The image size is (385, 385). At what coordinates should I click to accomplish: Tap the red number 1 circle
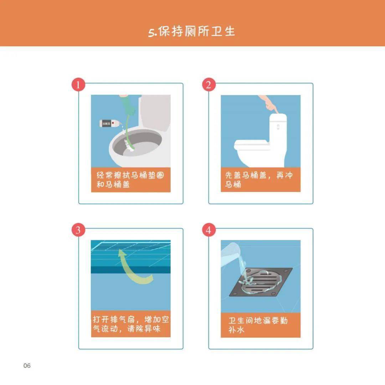pos(78,85)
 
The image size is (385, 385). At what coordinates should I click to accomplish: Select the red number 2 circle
pos(209,85)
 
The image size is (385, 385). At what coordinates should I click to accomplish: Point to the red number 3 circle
pos(78,230)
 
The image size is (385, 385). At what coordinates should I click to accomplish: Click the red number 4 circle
pos(209,230)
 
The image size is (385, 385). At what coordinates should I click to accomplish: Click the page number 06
pos(27,366)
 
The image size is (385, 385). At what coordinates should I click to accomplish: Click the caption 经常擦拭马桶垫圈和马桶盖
pos(130,180)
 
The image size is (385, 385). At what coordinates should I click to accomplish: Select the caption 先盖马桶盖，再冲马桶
pos(260,180)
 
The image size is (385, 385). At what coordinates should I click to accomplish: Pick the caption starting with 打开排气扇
pos(130,324)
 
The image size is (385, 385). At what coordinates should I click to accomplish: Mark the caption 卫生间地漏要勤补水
pos(260,325)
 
